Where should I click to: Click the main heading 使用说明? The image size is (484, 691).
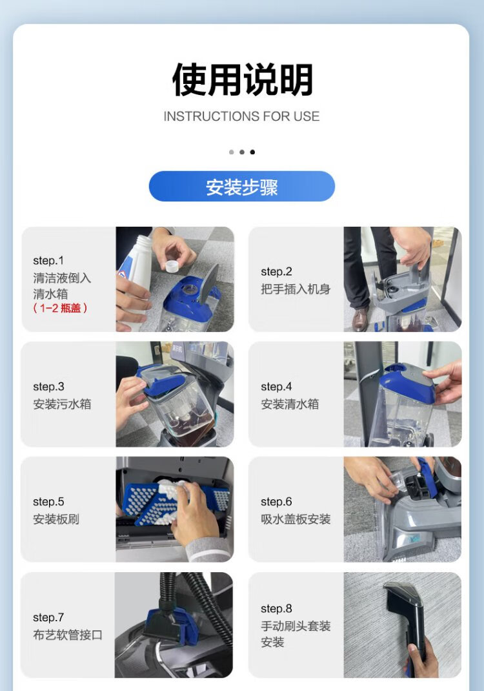tap(242, 80)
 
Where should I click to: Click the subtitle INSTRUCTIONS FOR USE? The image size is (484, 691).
tap(241, 116)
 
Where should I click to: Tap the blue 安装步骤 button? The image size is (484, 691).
tap(242, 187)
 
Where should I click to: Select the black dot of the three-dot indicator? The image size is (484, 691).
tap(252, 152)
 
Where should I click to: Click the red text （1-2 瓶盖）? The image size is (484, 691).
tap(60, 308)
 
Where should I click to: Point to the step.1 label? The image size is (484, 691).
tap(48, 260)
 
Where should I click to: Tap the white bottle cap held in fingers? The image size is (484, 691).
tap(171, 266)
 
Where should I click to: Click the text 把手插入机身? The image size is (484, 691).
tap(296, 289)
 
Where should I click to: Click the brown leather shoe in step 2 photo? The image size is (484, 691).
tap(360, 318)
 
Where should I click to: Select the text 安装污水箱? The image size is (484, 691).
tap(62, 404)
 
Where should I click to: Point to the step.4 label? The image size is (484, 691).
tap(276, 386)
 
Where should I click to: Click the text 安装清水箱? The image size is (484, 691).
tap(290, 404)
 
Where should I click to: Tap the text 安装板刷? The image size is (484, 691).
tap(56, 519)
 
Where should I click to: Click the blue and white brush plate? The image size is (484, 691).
tap(176, 502)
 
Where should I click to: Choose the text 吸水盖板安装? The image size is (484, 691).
tap(296, 519)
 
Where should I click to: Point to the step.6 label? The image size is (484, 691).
tap(276, 502)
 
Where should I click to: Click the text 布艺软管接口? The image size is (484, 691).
tap(67, 635)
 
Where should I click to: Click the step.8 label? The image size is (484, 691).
tap(276, 608)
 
